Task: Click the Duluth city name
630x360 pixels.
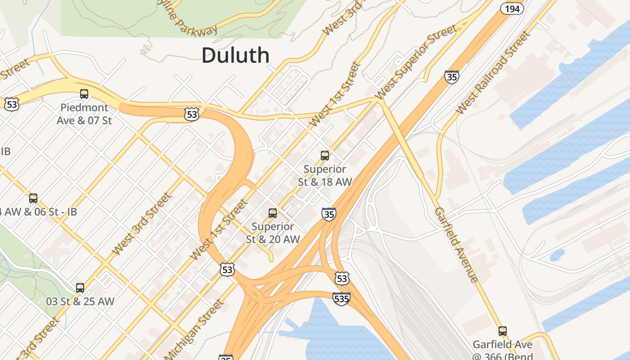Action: pyautogui.click(x=235, y=55)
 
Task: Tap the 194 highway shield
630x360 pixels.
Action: pyautogui.click(x=512, y=9)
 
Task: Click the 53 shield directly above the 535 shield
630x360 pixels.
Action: pyautogui.click(x=342, y=279)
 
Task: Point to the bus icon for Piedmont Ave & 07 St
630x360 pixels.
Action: pyautogui.click(x=84, y=94)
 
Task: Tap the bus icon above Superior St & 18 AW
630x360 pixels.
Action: pyautogui.click(x=325, y=156)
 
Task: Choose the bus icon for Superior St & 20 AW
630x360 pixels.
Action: pyautogui.click(x=273, y=213)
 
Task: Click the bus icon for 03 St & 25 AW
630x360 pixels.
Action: pyautogui.click(x=80, y=288)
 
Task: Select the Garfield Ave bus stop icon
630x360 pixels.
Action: pyautogui.click(x=503, y=331)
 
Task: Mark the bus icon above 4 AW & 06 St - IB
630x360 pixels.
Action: pyautogui.click(x=33, y=198)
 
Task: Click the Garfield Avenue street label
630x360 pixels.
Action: pyautogui.click(x=456, y=245)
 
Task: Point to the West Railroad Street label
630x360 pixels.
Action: pyautogui.click(x=493, y=73)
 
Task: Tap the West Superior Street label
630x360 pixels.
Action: pyautogui.click(x=416, y=62)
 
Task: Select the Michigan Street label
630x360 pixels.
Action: pyautogui.click(x=194, y=330)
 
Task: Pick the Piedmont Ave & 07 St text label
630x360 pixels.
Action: pyautogui.click(x=84, y=114)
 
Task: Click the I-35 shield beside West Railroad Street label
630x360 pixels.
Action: pyautogui.click(x=452, y=77)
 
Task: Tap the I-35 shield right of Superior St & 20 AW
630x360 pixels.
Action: pyautogui.click(x=329, y=214)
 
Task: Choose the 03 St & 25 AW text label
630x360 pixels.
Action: pyautogui.click(x=80, y=301)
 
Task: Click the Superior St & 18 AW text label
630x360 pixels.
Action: pyautogui.click(x=324, y=175)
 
